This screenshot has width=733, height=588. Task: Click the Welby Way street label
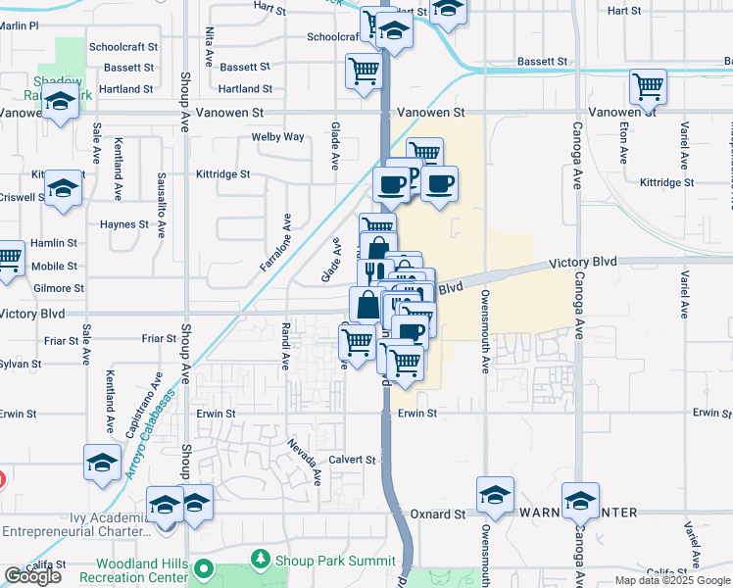click(x=278, y=137)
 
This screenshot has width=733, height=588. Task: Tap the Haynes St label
click(x=123, y=224)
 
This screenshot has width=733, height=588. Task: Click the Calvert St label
click(x=352, y=460)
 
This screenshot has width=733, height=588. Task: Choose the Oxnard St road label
click(x=437, y=514)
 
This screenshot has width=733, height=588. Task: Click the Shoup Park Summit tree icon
click(x=261, y=560)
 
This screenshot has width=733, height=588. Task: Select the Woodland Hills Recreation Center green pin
click(x=203, y=567)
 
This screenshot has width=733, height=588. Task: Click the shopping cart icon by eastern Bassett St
click(x=649, y=86)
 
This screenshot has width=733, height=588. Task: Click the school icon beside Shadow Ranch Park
click(x=61, y=102)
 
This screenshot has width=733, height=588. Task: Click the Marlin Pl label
click(x=20, y=25)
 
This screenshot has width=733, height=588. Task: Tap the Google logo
click(x=32, y=576)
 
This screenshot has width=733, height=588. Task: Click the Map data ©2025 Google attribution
click(x=671, y=580)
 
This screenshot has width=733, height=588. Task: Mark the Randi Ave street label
click(x=285, y=346)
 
